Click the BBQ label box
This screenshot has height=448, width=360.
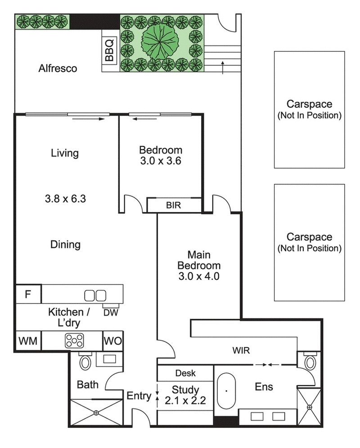click(x=110, y=49)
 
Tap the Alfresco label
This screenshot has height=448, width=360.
click(x=58, y=68)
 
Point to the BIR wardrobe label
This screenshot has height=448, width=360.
click(x=174, y=205)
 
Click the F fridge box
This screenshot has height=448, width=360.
click(x=28, y=294)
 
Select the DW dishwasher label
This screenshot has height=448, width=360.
click(x=111, y=312)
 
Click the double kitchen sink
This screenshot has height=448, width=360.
click(x=95, y=295)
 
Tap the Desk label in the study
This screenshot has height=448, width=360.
click(x=185, y=373)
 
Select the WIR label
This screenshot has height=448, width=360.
click(x=241, y=350)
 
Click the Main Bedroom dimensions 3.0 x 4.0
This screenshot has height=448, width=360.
click(x=199, y=276)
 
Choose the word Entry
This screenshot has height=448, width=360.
click(x=138, y=396)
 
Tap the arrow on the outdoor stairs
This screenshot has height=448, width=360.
click(x=223, y=66)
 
